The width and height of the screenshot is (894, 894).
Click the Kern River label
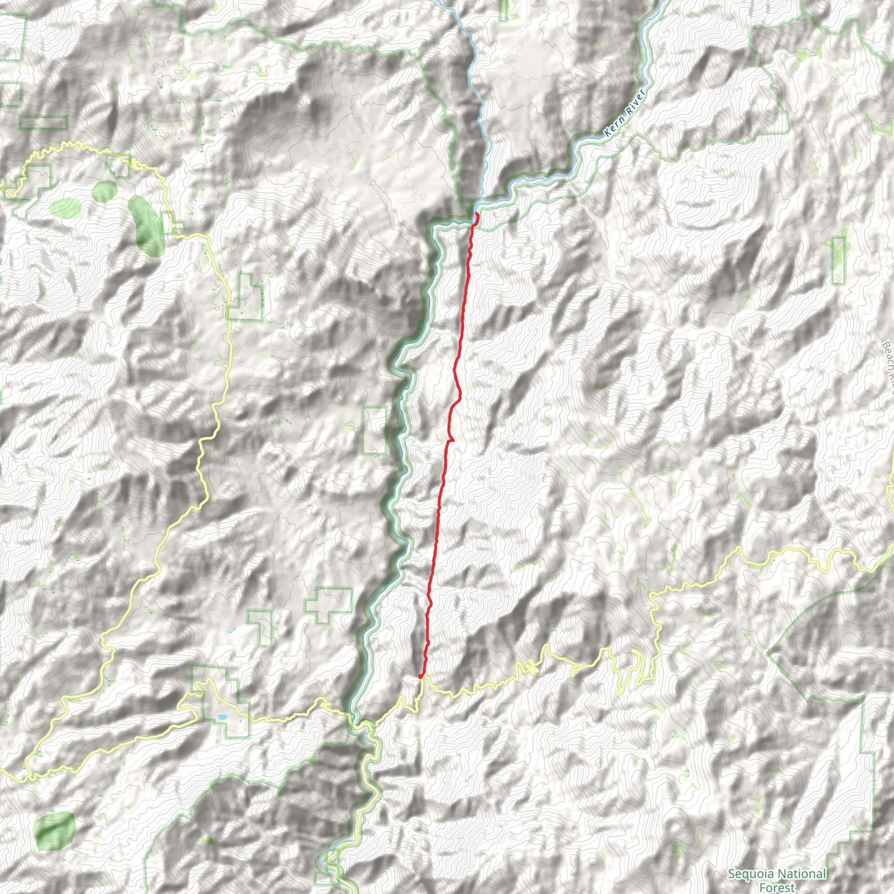[x=625, y=113]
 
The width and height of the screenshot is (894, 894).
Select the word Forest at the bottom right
[x=777, y=887]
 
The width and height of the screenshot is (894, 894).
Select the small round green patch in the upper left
[x=105, y=190]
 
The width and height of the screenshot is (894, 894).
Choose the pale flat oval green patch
[x=65, y=206]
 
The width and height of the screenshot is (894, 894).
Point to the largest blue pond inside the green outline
[x=222, y=717]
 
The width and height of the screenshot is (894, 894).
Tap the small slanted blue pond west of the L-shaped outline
[x=231, y=630]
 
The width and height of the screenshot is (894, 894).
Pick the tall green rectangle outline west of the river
[x=375, y=430]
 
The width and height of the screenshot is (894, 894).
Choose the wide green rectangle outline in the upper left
[x=44, y=123]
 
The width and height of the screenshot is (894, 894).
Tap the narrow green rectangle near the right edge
[x=839, y=260]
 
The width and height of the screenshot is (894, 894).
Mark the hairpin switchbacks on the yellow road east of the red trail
[x=634, y=666]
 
